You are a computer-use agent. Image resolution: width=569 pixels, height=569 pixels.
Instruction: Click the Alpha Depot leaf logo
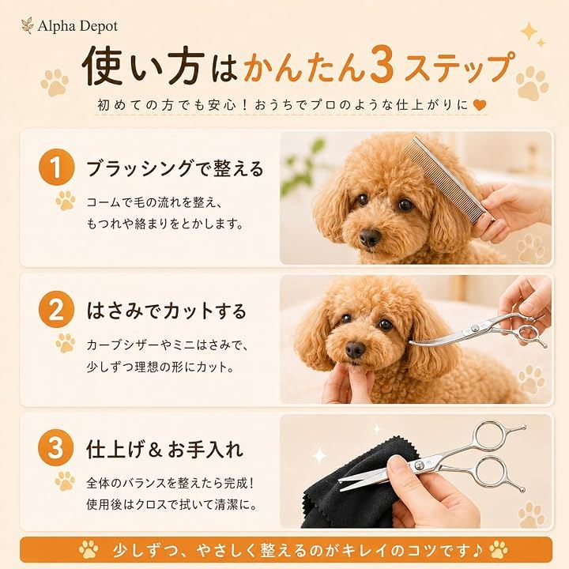point(27,26)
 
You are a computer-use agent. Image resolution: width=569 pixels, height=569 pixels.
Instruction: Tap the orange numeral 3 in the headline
point(382,66)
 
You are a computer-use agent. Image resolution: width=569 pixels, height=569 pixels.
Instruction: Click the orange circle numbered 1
point(56,167)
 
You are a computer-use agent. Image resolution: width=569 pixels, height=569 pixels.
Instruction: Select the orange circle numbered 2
point(56,310)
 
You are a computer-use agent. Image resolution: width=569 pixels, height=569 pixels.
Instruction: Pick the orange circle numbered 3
point(56,447)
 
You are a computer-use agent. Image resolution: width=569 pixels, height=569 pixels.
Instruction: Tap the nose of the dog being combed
point(370,237)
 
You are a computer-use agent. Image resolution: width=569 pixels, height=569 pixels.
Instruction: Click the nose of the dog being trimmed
point(355,349)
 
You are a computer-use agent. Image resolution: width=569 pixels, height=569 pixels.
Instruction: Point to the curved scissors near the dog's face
point(479,331)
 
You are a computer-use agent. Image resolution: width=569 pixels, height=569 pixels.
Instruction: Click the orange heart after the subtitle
point(480,105)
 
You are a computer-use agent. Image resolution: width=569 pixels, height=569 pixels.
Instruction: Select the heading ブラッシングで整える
point(175,168)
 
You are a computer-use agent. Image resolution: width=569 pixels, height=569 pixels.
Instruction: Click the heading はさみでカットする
point(167,311)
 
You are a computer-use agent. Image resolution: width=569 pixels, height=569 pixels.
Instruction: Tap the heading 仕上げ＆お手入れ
point(164,449)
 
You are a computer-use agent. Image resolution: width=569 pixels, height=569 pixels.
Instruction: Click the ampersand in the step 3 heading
point(155,450)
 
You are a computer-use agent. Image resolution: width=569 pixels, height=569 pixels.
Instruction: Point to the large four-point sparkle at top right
point(529,31)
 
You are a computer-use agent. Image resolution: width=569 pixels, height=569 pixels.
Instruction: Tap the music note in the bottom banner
point(477,550)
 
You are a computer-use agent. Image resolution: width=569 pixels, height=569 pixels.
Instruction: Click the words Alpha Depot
point(77,26)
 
